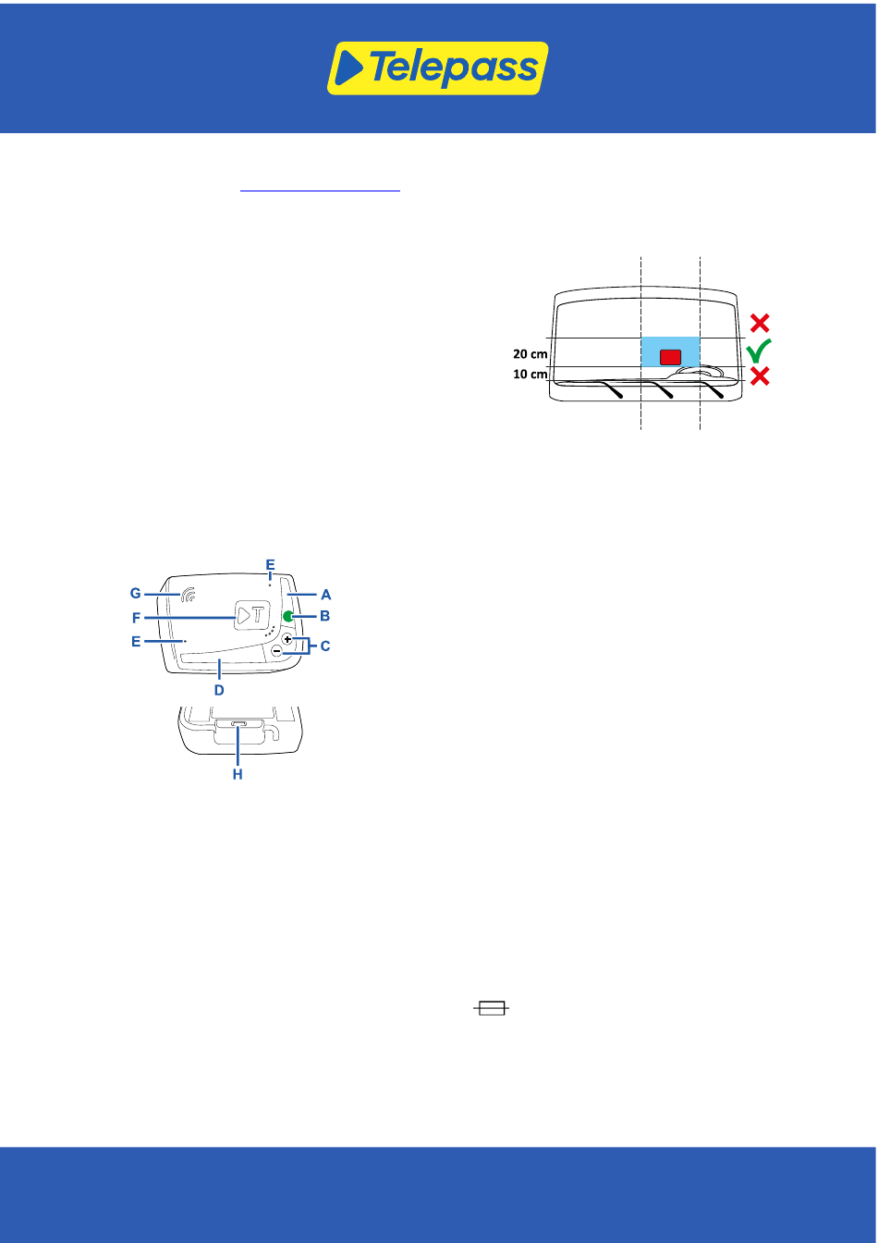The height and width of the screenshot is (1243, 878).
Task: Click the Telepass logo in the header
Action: (x=438, y=68)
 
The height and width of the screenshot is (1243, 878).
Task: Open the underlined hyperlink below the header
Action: (x=320, y=187)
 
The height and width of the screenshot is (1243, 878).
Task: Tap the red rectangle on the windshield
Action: (x=670, y=356)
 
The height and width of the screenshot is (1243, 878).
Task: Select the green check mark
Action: (x=759, y=351)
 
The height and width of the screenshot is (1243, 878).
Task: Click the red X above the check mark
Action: (x=760, y=323)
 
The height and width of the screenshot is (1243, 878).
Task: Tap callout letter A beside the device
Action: (x=325, y=596)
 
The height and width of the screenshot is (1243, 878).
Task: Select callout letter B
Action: (x=325, y=616)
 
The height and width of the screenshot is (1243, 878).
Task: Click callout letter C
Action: (x=324, y=646)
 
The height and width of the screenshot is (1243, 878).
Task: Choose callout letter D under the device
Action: (x=219, y=689)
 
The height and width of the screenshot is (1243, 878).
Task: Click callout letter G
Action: (x=135, y=591)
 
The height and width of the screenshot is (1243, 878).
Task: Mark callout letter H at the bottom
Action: (x=238, y=774)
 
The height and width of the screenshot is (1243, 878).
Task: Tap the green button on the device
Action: (x=288, y=617)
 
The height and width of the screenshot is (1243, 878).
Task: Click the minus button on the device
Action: (x=276, y=652)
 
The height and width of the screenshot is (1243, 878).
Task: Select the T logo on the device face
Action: (x=250, y=616)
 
